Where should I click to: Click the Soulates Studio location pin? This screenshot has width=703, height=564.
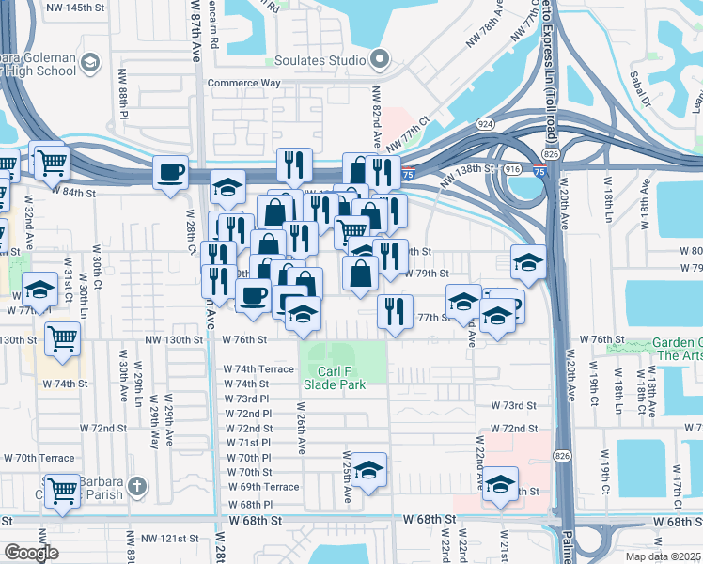click(x=379, y=61)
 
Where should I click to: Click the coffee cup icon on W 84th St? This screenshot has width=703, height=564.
click(x=171, y=172)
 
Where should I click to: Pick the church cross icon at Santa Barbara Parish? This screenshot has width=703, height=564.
click(x=137, y=486)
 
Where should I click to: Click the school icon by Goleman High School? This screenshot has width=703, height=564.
click(x=89, y=63)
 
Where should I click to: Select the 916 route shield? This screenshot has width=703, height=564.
click(x=512, y=168)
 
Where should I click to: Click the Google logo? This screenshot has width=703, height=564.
click(x=31, y=553)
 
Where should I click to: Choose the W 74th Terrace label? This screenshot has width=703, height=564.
click(x=258, y=369)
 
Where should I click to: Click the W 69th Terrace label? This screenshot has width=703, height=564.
click(x=262, y=487)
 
